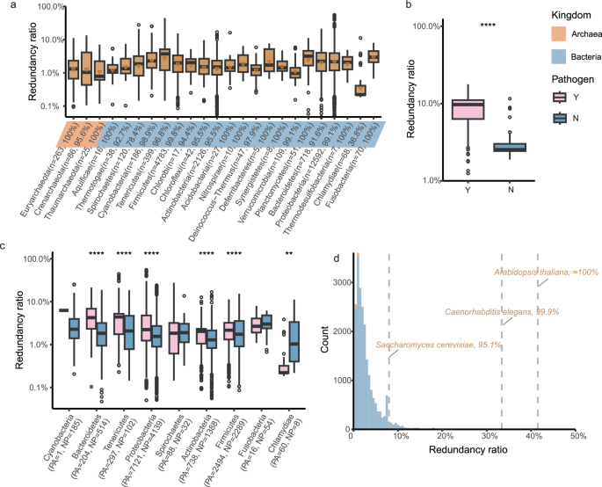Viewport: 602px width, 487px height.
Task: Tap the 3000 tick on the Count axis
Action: click(337, 284)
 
